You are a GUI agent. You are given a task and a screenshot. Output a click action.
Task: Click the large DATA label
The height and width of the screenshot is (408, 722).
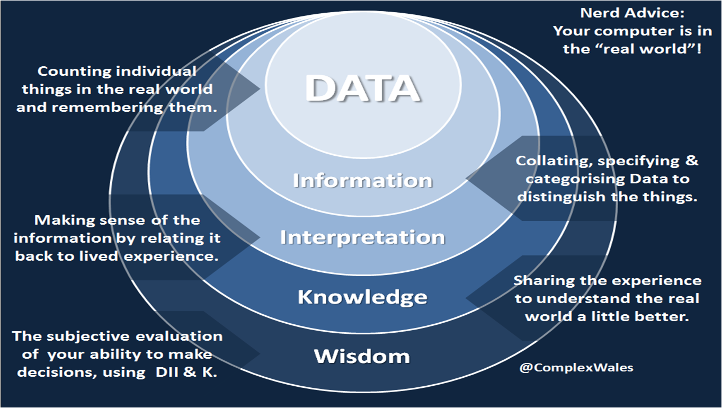coord(363,89)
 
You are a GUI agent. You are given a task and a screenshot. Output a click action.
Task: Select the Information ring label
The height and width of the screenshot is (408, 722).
coord(362,181)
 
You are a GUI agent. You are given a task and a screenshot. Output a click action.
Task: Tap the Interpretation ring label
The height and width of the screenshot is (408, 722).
coord(362,237)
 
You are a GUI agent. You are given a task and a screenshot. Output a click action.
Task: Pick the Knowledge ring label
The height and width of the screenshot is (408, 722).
coord(362,297)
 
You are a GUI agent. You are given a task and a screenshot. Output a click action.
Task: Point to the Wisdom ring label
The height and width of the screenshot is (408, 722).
coord(362,356)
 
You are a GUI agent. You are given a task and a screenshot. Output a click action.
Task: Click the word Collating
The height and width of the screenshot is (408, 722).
coord(544,161)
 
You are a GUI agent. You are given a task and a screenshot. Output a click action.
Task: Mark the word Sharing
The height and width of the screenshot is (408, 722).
coord(539,280)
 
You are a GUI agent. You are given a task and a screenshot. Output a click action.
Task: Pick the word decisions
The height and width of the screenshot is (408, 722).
coord(50,372)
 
